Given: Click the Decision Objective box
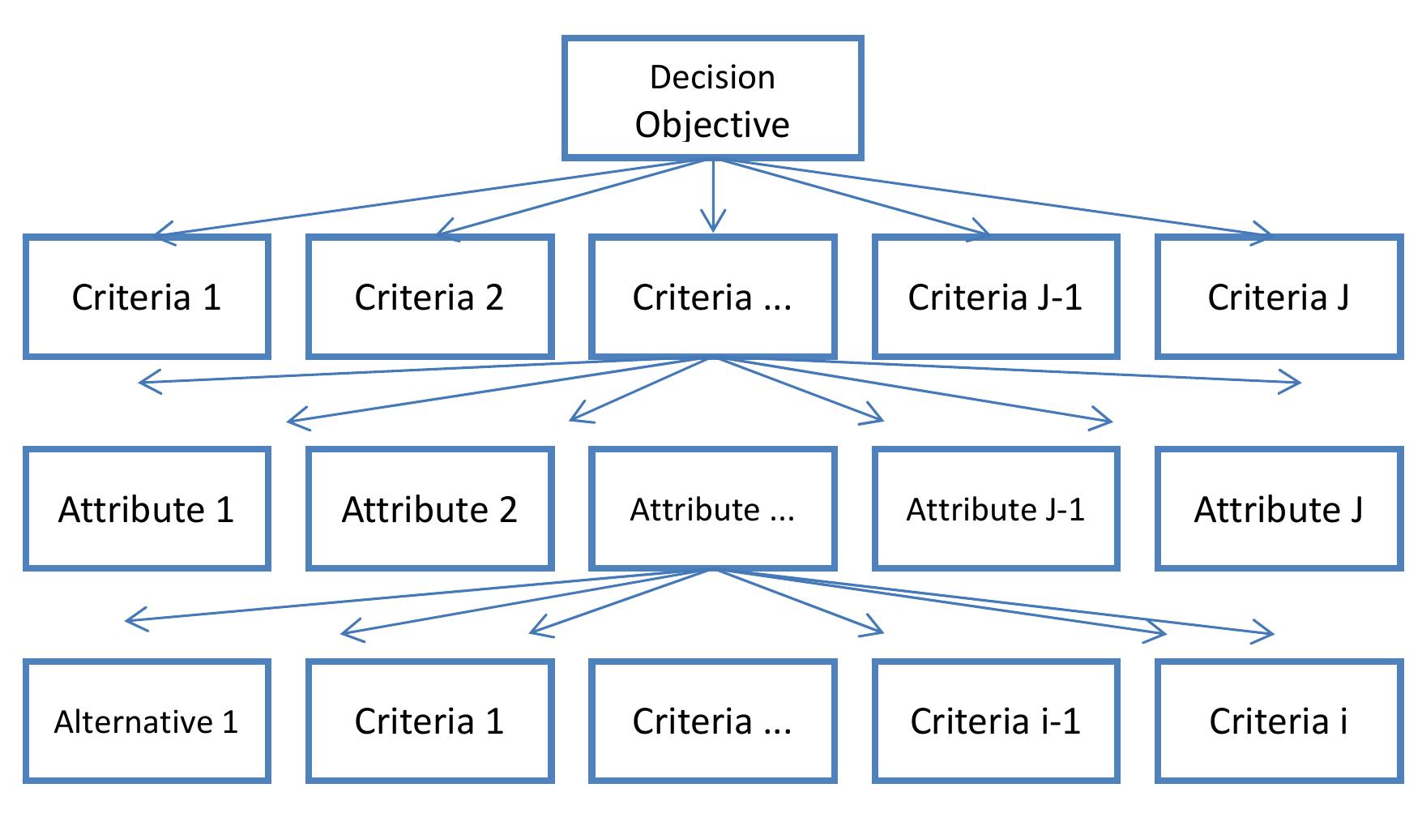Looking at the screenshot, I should [x=712, y=98].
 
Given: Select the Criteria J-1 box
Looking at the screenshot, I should [x=995, y=297].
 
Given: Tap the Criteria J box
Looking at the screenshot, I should [x=1278, y=297].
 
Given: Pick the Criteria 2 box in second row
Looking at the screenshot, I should [x=429, y=297].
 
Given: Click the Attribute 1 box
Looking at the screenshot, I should [x=147, y=509].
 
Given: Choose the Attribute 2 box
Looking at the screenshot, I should [x=429, y=509].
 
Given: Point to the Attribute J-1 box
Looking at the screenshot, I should [x=995, y=509].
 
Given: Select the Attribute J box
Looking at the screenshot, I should [x=1278, y=509].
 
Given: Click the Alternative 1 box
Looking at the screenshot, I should [x=147, y=722].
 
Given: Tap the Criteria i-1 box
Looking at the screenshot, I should [x=995, y=722].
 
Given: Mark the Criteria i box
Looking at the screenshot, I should [x=1278, y=722].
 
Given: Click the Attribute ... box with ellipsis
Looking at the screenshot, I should [x=712, y=509].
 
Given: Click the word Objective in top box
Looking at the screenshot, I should [x=712, y=124].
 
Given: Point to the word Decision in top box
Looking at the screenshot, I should [x=712, y=77].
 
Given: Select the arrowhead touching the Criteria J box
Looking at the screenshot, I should [x=1264, y=235].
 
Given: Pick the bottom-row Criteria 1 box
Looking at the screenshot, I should [x=429, y=722].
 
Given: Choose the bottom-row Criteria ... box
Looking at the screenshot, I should [x=712, y=722].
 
